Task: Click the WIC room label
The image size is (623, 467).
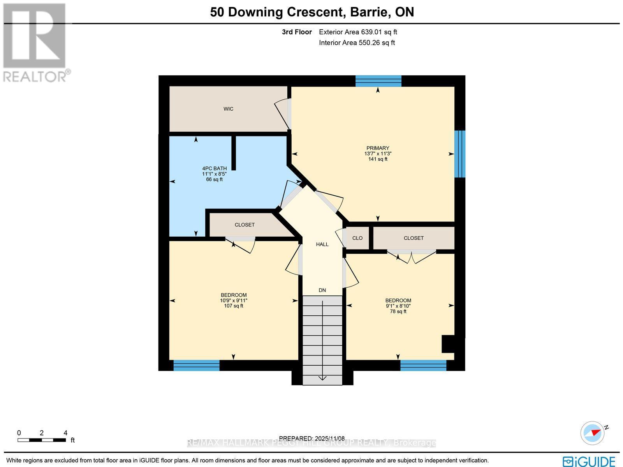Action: (229, 109)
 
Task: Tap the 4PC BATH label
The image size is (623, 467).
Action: (212, 168)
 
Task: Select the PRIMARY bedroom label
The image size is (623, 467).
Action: (377, 148)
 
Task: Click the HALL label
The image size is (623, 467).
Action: (322, 244)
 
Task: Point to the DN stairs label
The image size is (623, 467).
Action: (322, 290)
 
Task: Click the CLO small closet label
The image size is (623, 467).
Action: (357, 238)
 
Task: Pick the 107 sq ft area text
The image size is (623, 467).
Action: (233, 306)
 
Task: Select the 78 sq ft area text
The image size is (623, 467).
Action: (398, 311)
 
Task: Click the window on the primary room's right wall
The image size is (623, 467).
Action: (460, 154)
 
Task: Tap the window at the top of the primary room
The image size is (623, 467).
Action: (378, 81)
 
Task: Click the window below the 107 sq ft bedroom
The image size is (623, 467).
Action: (196, 365)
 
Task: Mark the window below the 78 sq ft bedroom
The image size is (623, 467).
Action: (423, 365)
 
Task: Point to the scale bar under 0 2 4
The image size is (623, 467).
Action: (41, 440)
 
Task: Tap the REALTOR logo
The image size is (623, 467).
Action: (36, 43)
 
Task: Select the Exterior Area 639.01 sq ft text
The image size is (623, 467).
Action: (358, 32)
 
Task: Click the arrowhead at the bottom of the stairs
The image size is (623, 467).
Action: (322, 377)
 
